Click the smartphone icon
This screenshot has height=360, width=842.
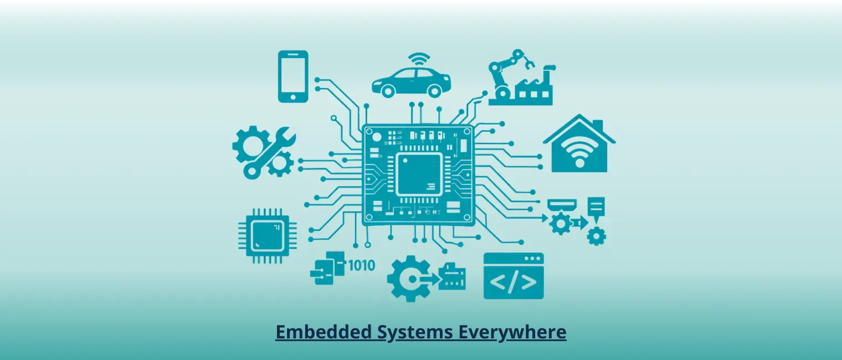point(293,76)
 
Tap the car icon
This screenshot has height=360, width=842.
point(411,81)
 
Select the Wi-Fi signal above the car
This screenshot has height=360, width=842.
point(419,58)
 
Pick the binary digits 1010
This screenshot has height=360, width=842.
point(361,265)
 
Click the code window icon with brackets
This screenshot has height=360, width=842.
point(514,276)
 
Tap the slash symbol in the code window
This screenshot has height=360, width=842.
point(514,282)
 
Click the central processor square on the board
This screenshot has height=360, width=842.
point(419,175)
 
